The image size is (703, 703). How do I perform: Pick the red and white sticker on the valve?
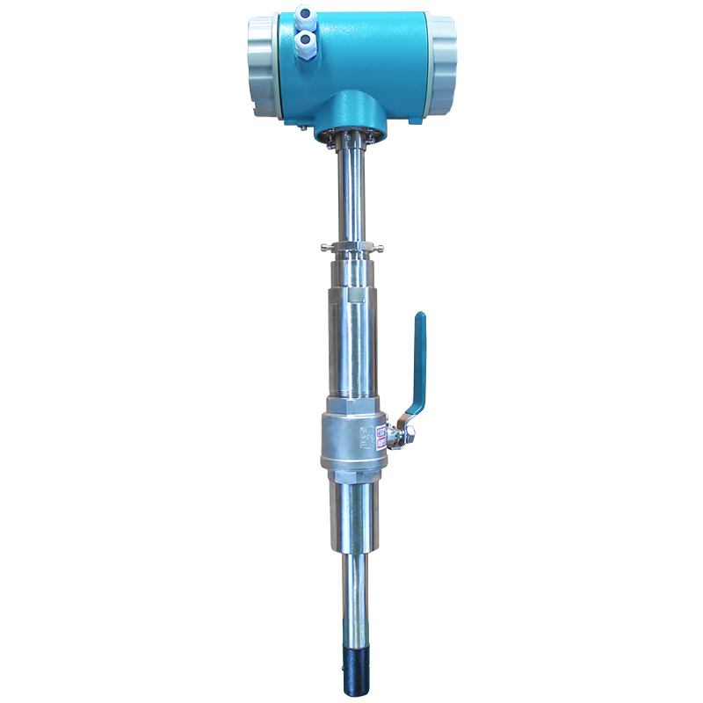click(380, 432)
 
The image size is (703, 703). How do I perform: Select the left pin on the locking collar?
click(326, 246)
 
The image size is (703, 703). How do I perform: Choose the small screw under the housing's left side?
click(301, 129)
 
